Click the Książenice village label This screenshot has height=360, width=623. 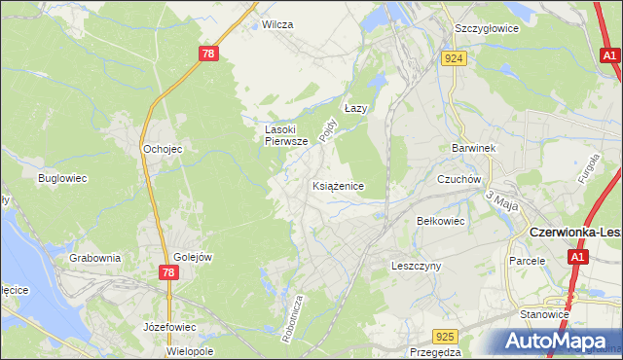pyautogui.click(x=339, y=185)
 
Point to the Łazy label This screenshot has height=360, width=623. pyautogui.click(x=356, y=109)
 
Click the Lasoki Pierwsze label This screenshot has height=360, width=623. pyautogui.click(x=287, y=134)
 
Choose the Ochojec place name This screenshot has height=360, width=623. pyautogui.click(x=163, y=149)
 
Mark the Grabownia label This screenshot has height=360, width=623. pyautogui.click(x=94, y=258)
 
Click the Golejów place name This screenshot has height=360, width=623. pyautogui.click(x=193, y=257)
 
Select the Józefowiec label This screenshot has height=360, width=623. pyautogui.click(x=169, y=326)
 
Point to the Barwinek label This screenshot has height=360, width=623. pyautogui.click(x=474, y=148)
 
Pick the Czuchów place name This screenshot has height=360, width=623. pyautogui.click(x=459, y=179)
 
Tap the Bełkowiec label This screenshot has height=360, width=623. pyautogui.click(x=441, y=221)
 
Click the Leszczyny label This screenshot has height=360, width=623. pyautogui.click(x=417, y=265)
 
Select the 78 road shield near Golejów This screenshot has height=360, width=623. pyautogui.click(x=167, y=273)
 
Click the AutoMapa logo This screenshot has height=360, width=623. pyautogui.click(x=556, y=340)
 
